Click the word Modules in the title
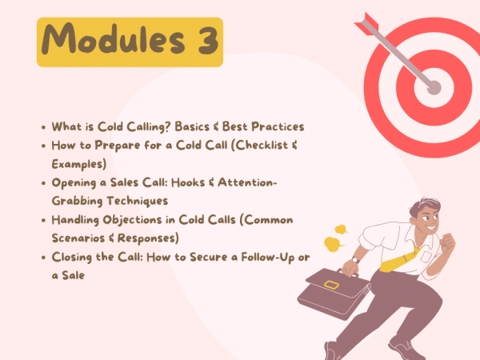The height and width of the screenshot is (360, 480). click(114, 39)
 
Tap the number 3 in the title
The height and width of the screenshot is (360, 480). click(208, 41)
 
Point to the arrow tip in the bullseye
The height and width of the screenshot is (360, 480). click(434, 87)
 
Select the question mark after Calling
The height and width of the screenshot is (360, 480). click(167, 126)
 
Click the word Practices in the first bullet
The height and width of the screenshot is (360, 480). click(278, 126)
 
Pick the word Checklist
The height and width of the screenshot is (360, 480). click(262, 146)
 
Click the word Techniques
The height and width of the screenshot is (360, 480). click(138, 201)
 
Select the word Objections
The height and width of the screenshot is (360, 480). click(132, 220)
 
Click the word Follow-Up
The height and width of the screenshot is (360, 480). click(268, 258)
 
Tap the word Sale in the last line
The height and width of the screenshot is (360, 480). click(73, 275)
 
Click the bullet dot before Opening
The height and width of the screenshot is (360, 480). click(43, 183)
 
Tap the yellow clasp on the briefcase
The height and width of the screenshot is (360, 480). click(331, 285)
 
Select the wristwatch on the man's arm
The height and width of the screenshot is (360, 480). click(355, 260)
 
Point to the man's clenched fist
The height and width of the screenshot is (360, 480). click(448, 242)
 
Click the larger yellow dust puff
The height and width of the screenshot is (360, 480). click(333, 244)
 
